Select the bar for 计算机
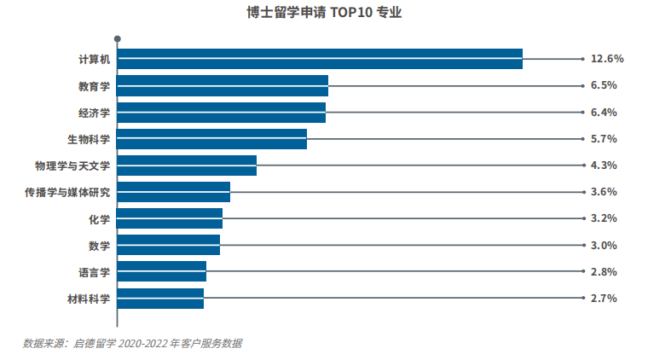(x=320, y=59)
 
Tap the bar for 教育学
(x=223, y=85)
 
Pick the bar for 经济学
(x=222, y=113)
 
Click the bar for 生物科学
(x=212, y=139)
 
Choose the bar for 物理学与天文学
(x=187, y=165)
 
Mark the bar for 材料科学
(x=160, y=299)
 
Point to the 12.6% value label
(x=607, y=59)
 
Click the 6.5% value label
(x=604, y=85)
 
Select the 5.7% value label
(x=604, y=139)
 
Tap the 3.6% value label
(x=604, y=192)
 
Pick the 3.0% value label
(x=604, y=246)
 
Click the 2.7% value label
(x=604, y=299)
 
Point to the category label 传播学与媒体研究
(x=67, y=193)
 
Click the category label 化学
(x=99, y=219)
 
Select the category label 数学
(x=99, y=246)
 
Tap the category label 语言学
(x=94, y=272)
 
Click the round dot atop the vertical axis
(x=117, y=38)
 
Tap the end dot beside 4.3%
(x=582, y=165)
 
